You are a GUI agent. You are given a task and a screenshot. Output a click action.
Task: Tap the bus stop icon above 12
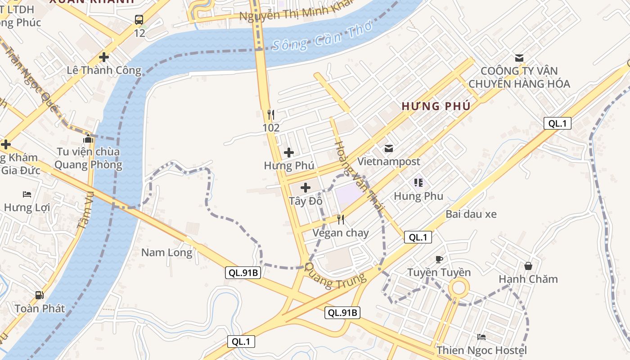coord(139,20)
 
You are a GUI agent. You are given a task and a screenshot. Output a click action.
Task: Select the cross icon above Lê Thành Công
coord(104,57)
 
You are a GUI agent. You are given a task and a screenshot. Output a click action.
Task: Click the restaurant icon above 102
coord(271,114)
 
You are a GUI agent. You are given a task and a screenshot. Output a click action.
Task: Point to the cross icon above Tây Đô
coord(306,188)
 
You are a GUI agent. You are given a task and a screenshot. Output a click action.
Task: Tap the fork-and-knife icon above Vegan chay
coord(341,220)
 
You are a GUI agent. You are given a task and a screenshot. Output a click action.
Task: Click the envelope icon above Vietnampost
coord(388,148)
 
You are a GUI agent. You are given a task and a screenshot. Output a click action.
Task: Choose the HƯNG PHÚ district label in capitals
coord(436,107)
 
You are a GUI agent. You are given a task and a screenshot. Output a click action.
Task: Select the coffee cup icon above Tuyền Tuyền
coord(439,259)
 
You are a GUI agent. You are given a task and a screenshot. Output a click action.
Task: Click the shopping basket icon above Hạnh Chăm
coord(528,266)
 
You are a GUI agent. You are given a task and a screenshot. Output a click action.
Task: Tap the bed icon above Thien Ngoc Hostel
coord(481,337)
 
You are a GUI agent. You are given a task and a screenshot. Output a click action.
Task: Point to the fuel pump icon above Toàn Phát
coord(40,295)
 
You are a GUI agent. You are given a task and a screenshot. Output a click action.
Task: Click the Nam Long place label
coord(166,252)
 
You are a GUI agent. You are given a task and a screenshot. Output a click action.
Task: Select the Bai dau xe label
coord(471,214)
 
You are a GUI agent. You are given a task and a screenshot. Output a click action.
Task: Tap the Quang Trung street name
coord(335,275)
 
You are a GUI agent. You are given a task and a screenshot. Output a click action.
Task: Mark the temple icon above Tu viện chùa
coord(88,139)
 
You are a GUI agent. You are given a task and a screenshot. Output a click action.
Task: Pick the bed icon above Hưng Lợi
coord(27,194)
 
